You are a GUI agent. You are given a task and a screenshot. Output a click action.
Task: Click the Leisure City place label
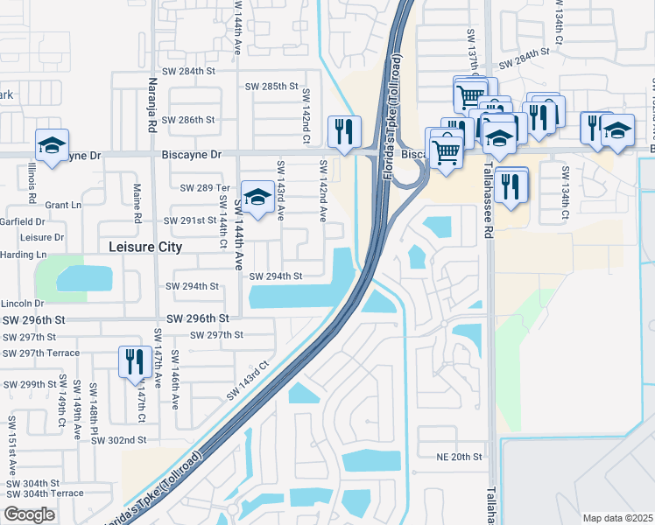pos(144,248)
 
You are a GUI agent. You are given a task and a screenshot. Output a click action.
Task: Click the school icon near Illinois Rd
pos(51,144)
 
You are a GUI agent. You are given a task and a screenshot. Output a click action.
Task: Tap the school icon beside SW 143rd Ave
pos(257,199)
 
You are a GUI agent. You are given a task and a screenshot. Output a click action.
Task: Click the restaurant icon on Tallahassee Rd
pos(510,185)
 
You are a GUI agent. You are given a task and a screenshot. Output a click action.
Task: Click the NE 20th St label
pos(460,457)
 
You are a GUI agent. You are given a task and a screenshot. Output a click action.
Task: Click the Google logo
pos(29,514)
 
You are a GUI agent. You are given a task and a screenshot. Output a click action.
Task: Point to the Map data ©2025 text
pos(617,518)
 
